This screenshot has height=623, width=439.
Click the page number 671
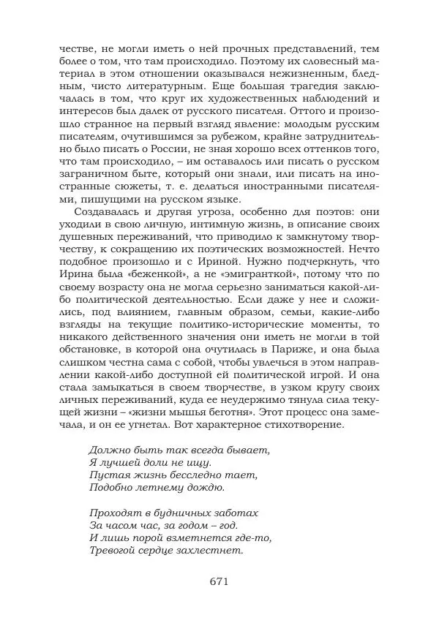219,582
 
